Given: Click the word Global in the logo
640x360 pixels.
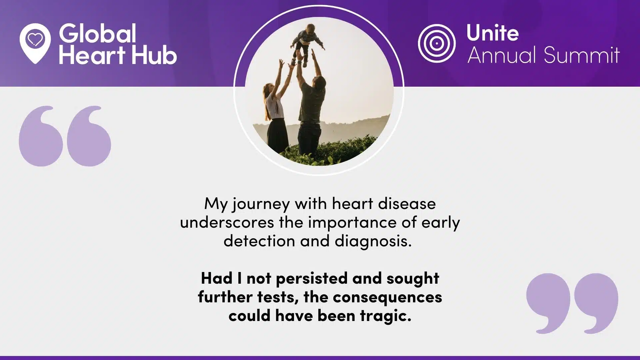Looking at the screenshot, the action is (98, 33).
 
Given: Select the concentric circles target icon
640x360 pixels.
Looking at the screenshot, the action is (436, 43).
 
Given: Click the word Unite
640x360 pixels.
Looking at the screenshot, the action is (492, 33).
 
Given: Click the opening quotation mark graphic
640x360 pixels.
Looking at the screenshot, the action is (65, 136).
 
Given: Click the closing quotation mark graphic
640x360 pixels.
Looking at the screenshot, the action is (572, 303).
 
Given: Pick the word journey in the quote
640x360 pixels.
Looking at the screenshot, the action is (261, 204).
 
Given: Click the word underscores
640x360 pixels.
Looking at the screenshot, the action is (227, 222).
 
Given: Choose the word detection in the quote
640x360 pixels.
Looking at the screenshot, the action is (259, 241).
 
